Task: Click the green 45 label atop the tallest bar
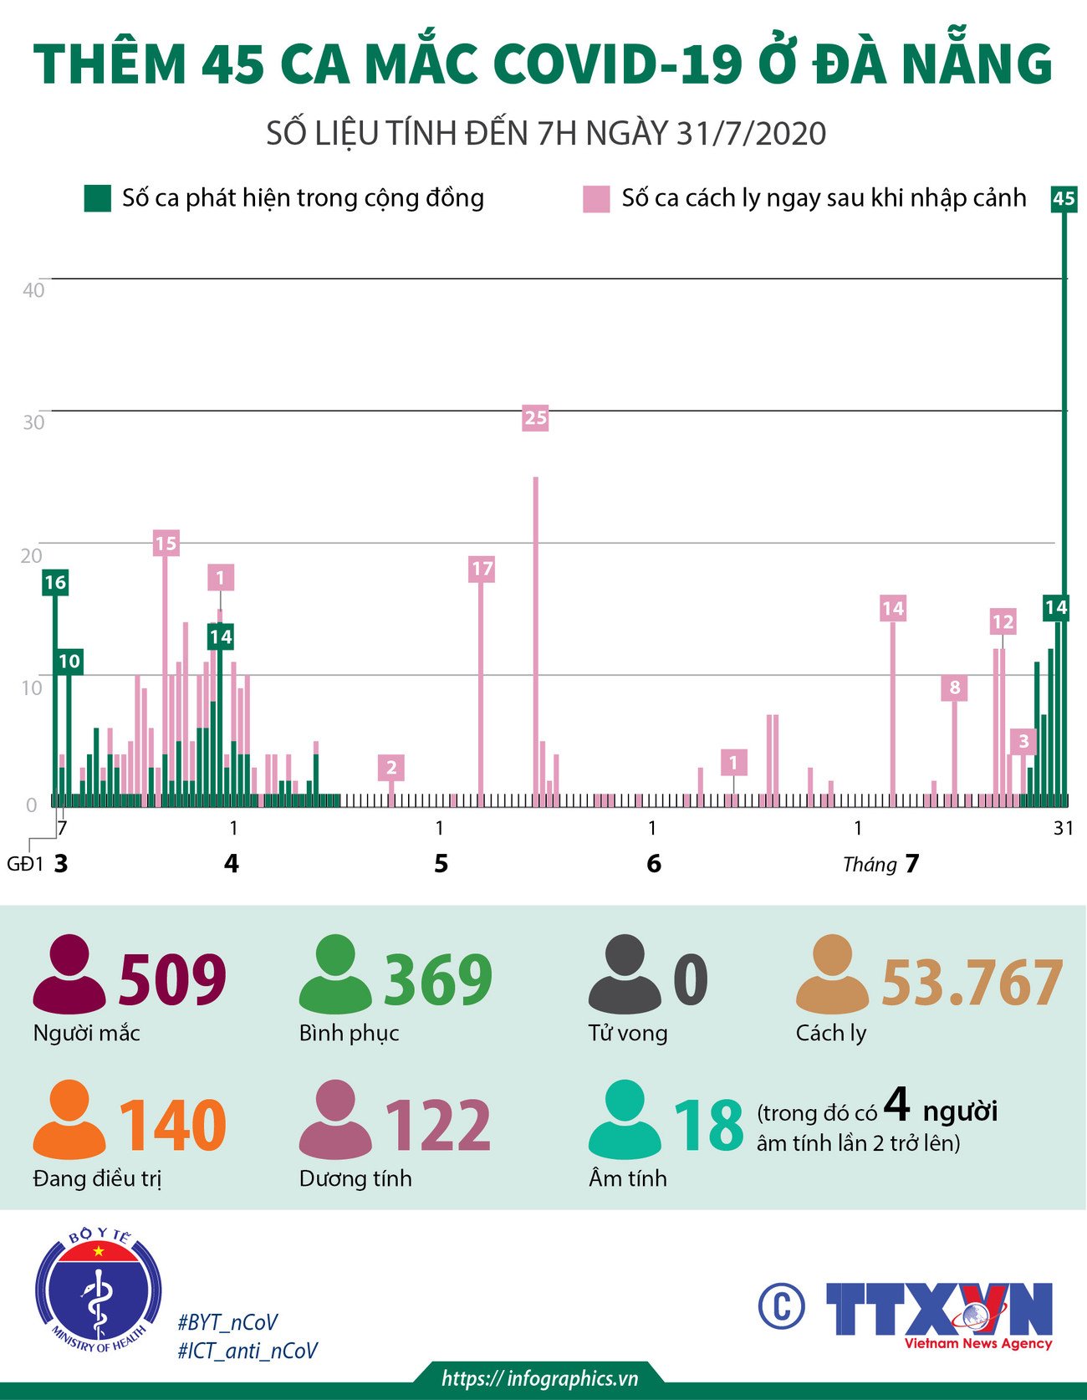tap(1063, 199)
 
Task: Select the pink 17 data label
tap(482, 570)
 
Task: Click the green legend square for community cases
tap(98, 199)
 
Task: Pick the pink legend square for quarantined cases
tap(596, 199)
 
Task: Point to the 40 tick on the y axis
tap(33, 290)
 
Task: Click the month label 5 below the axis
tap(441, 864)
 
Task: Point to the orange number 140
tap(172, 1125)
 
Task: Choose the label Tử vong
tap(628, 1033)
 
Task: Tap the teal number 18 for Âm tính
tap(708, 1125)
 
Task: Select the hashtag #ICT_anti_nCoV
tap(248, 1351)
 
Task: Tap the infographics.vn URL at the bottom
tap(540, 1378)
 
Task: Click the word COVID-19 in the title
tap(617, 64)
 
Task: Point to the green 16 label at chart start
tap(55, 583)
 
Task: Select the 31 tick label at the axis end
tap(1063, 828)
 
